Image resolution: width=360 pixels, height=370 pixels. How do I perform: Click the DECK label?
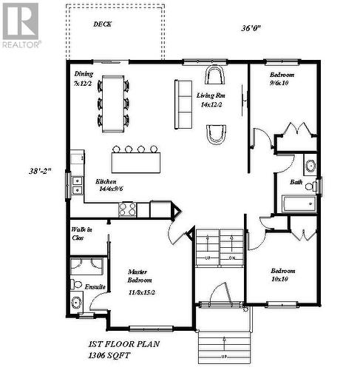click(103, 24)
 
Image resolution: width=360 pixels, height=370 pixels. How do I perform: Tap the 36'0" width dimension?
click(251, 29)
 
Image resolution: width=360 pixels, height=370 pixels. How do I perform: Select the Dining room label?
click(84, 74)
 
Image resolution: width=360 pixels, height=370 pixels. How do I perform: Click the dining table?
click(113, 102)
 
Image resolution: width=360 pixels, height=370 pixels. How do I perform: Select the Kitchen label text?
click(106, 182)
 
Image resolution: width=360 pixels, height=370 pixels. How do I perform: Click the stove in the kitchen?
click(128, 209)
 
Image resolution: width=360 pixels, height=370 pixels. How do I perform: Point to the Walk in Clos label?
click(81, 235)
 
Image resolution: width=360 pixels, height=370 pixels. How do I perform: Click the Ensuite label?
click(94, 286)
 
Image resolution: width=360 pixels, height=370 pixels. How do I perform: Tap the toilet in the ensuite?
click(76, 301)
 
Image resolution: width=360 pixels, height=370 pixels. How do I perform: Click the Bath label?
click(296, 181)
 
